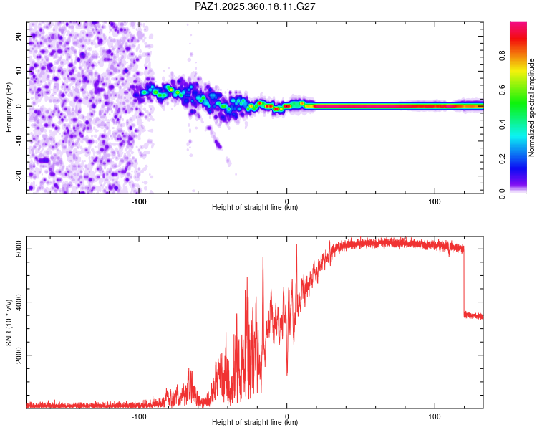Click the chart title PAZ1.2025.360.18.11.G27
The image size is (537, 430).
[x=256, y=6]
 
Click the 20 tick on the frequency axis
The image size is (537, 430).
[x=19, y=36]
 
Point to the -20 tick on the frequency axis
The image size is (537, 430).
[x=19, y=176]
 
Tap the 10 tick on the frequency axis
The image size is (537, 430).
[x=19, y=71]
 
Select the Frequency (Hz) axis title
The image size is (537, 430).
[x=9, y=106]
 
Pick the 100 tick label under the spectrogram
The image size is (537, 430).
[x=435, y=200]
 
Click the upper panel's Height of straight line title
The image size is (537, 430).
[x=255, y=208]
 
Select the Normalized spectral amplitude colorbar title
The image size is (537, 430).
[x=532, y=107]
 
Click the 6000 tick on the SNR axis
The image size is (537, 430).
[x=19, y=249]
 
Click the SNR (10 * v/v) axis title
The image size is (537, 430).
[x=9, y=322]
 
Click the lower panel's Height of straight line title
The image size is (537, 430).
[x=255, y=423]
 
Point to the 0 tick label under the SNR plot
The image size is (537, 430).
[x=286, y=415]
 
